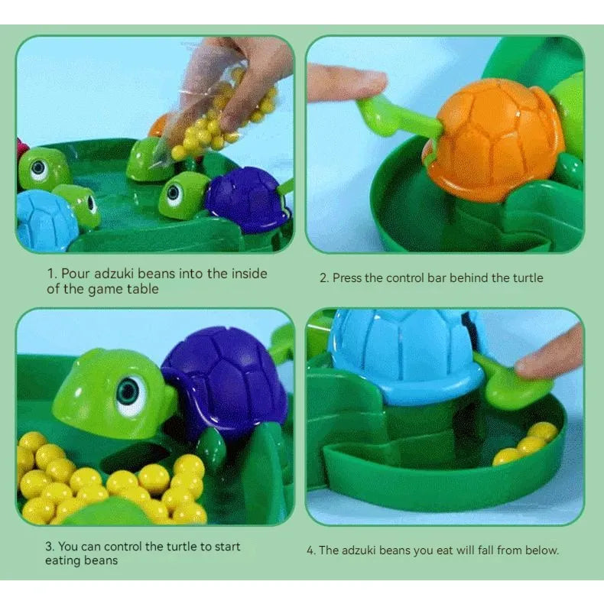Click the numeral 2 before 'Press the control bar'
coord(323,278)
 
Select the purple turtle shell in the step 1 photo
coord(249,199)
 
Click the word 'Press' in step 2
coord(349,278)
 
